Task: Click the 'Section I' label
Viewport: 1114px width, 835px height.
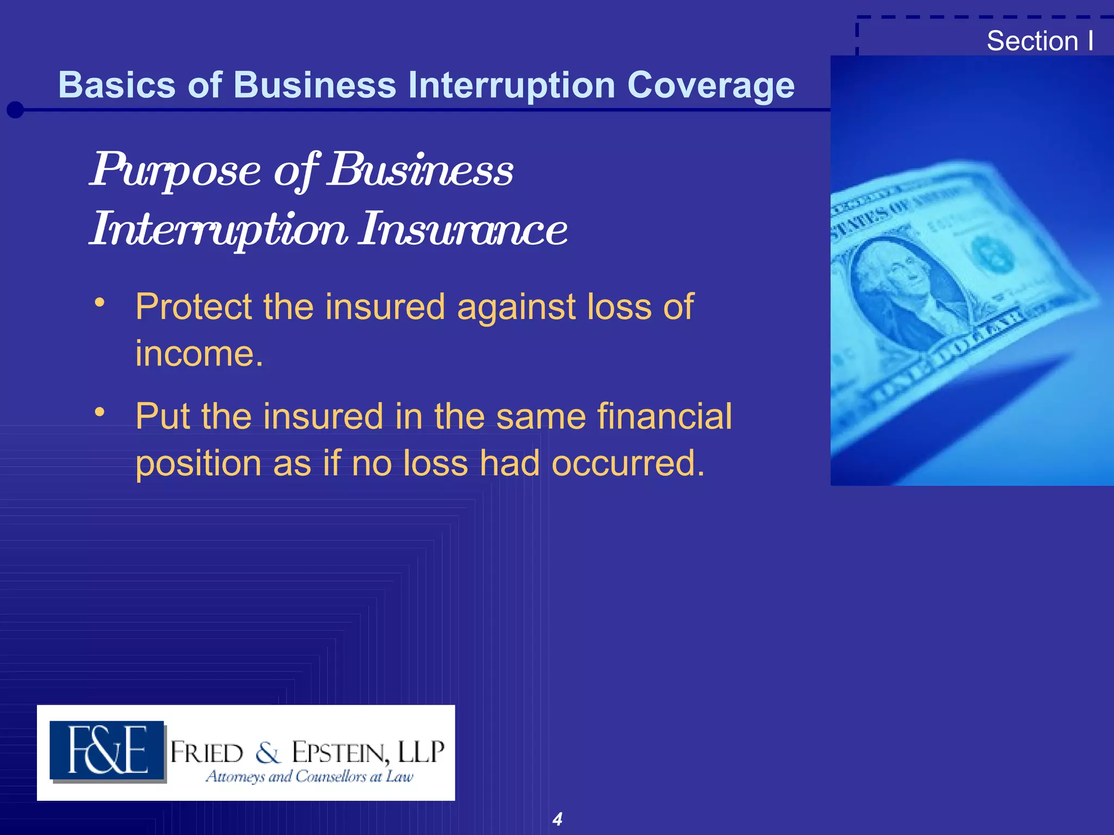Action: click(1039, 41)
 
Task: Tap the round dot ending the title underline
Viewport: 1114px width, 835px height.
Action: click(15, 110)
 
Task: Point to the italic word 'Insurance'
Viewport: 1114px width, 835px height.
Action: click(463, 229)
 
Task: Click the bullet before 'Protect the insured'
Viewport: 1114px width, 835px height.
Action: click(99, 302)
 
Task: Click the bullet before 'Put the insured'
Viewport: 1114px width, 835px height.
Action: click(99, 412)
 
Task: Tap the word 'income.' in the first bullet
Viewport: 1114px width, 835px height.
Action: click(199, 354)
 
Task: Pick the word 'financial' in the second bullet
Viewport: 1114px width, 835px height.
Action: click(664, 416)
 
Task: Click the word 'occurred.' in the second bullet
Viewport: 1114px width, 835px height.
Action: click(628, 464)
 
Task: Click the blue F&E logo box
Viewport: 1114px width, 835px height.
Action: click(107, 751)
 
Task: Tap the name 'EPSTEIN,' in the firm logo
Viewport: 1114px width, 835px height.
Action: click(341, 753)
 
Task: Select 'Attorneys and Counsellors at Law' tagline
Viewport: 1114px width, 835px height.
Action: click(309, 777)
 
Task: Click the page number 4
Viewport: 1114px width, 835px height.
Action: click(558, 819)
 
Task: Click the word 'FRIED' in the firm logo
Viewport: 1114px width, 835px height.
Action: click(207, 753)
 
